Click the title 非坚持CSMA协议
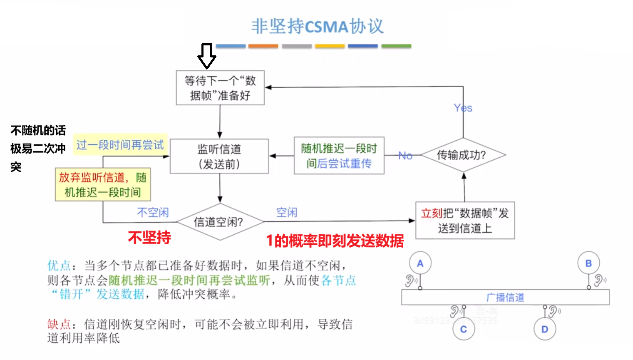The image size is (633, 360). [317, 26]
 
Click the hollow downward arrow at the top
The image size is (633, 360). [206, 56]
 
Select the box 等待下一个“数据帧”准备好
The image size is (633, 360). [220, 88]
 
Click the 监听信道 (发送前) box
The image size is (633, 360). [219, 156]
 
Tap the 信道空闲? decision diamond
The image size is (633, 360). [219, 222]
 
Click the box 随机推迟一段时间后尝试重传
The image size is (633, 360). [339, 156]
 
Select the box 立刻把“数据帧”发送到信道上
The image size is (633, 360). [465, 221]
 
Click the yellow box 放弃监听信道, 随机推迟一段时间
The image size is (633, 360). [103, 185]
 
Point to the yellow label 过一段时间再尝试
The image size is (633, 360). [120, 145]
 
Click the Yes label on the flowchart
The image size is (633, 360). [463, 108]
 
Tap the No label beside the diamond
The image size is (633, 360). [405, 156]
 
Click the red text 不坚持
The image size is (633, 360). [149, 238]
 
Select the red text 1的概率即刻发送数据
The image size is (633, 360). [335, 241]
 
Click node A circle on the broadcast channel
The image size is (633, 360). [420, 263]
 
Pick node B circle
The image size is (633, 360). [588, 263]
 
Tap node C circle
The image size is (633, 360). [464, 329]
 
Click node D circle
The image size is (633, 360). [545, 329]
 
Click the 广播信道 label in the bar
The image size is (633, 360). [505, 298]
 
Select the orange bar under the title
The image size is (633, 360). [263, 46]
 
